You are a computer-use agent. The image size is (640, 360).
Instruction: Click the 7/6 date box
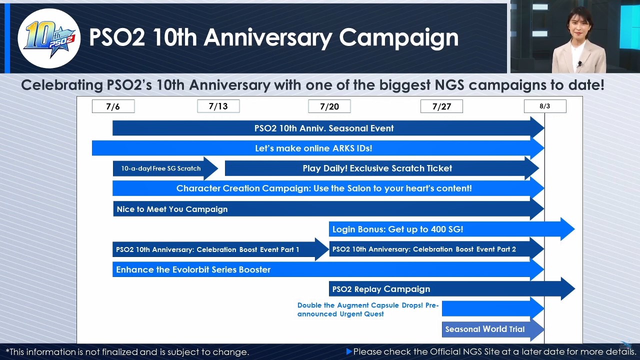coord(113,106)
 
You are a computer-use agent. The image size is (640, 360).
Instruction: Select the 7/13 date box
coord(218,106)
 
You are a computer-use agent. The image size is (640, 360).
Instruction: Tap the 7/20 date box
coord(329,106)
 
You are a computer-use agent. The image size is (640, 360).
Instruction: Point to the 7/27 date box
coord(441,106)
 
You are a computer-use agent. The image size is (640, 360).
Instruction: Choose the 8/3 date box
coord(545,106)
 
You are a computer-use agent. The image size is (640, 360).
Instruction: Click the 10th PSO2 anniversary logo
coord(49,38)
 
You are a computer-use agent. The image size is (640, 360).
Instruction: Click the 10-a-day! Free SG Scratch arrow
coord(165,168)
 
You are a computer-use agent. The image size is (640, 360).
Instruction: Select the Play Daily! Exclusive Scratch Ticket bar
coord(382,168)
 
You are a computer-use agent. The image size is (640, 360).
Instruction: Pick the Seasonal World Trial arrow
coord(493,329)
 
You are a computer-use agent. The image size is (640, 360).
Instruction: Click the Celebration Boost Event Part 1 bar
coord(220,249)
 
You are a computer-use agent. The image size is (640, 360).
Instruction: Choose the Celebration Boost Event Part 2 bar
coord(436,249)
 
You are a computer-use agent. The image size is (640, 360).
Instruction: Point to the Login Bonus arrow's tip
coord(574,229)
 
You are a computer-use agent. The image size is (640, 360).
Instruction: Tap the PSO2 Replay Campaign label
coord(381,289)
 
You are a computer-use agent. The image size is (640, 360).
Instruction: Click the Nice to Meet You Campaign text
coord(172,209)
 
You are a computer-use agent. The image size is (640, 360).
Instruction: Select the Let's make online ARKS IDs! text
coord(313,148)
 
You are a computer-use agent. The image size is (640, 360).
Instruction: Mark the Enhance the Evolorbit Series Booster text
coord(193,269)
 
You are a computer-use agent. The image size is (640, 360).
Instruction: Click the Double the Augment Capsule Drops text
coord(368,309)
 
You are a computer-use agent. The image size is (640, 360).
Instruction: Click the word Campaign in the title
coord(399,37)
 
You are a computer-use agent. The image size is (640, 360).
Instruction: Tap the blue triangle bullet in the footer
coord(349,351)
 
